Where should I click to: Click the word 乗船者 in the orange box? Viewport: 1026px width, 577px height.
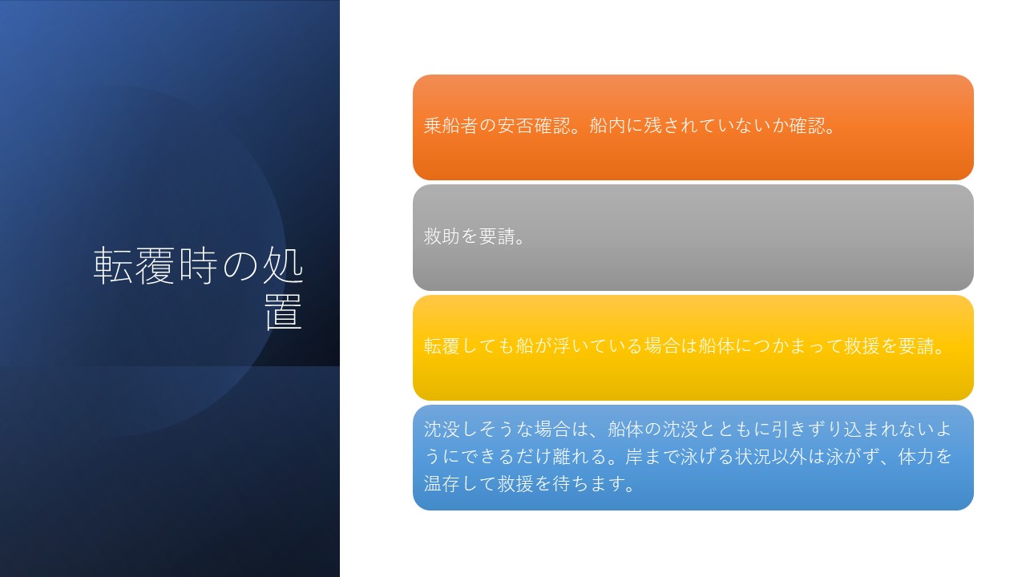tap(450, 126)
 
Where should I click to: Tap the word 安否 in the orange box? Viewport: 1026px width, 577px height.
tap(515, 126)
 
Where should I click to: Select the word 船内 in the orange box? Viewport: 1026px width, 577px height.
tap(608, 126)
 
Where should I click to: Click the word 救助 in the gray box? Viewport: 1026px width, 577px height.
tap(442, 236)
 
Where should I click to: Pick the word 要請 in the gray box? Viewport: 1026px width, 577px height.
tap(497, 236)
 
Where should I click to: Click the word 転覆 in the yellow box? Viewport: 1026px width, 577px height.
tap(442, 346)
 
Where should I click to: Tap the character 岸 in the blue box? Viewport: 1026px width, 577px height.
tap(634, 457)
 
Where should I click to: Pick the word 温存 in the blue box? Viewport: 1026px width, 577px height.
tap(442, 484)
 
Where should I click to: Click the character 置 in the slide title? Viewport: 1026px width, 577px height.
tap(284, 312)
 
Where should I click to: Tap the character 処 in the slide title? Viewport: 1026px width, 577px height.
tap(283, 264)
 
